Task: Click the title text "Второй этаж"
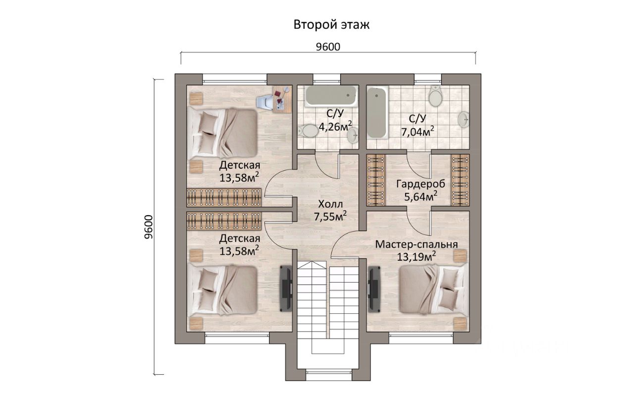tap(331, 25)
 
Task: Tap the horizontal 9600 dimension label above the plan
tap(328, 47)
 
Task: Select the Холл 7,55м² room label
tap(330, 211)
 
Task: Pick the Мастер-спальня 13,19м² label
tap(417, 251)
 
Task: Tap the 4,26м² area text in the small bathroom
tap(335, 126)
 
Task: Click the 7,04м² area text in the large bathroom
tap(418, 131)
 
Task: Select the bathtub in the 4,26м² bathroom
tap(331, 97)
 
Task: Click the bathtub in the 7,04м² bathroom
tap(377, 113)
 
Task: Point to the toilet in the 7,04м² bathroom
tap(435, 96)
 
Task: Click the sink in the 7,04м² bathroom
tap(464, 119)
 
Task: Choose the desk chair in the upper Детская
tap(264, 102)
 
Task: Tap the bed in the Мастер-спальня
tap(433, 290)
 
